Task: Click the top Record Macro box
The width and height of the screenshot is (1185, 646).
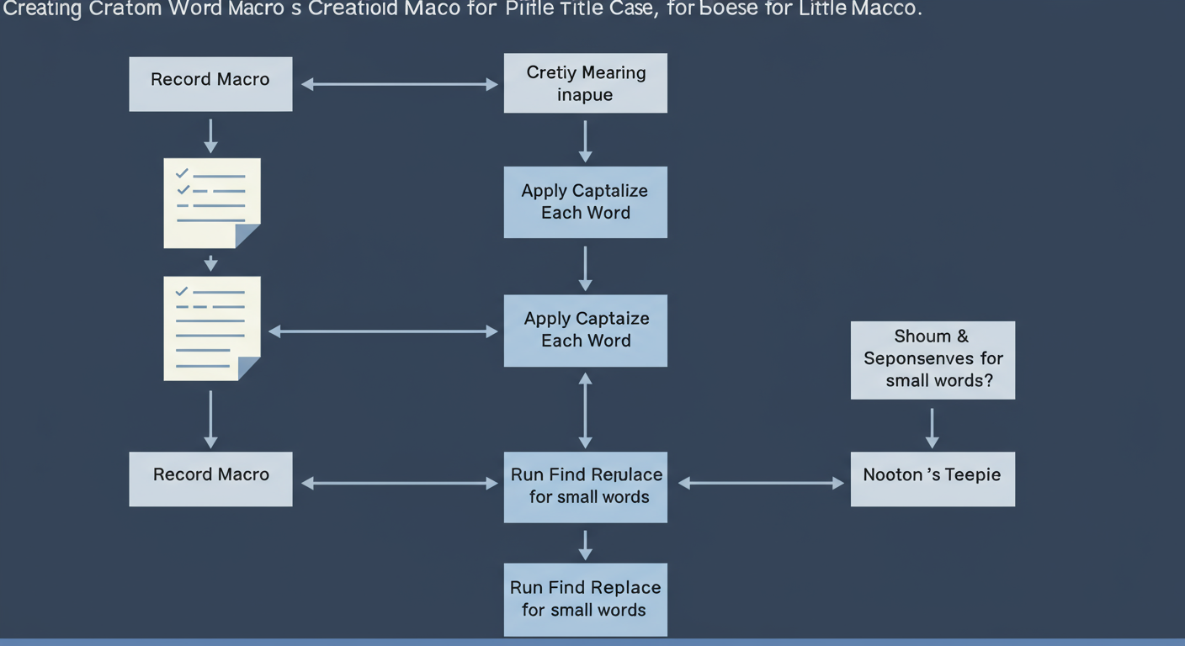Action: click(210, 84)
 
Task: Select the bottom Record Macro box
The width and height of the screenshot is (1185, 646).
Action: click(210, 479)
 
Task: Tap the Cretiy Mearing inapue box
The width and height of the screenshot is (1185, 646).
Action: click(585, 83)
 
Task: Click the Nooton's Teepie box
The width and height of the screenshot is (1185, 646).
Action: click(933, 479)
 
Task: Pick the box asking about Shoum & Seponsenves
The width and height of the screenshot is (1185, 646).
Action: click(933, 359)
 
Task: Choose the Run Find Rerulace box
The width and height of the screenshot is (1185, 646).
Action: click(585, 486)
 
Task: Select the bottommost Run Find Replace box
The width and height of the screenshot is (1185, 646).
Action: click(585, 599)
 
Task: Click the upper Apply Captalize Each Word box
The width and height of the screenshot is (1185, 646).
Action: click(585, 202)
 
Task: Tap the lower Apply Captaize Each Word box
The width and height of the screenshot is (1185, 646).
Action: click(585, 330)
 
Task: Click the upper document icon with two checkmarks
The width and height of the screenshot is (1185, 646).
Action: click(211, 203)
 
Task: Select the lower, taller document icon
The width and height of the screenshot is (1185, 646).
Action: click(211, 328)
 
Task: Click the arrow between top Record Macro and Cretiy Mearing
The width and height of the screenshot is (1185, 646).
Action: click(399, 84)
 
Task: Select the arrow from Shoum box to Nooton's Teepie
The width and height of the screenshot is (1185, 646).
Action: click(932, 428)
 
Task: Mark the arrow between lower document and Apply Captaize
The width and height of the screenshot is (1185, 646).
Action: click(383, 332)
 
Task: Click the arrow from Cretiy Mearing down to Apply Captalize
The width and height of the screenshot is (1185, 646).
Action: click(585, 140)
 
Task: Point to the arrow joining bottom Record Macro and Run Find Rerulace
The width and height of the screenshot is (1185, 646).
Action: click(399, 483)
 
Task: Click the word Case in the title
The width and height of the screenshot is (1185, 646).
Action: click(619, 11)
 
